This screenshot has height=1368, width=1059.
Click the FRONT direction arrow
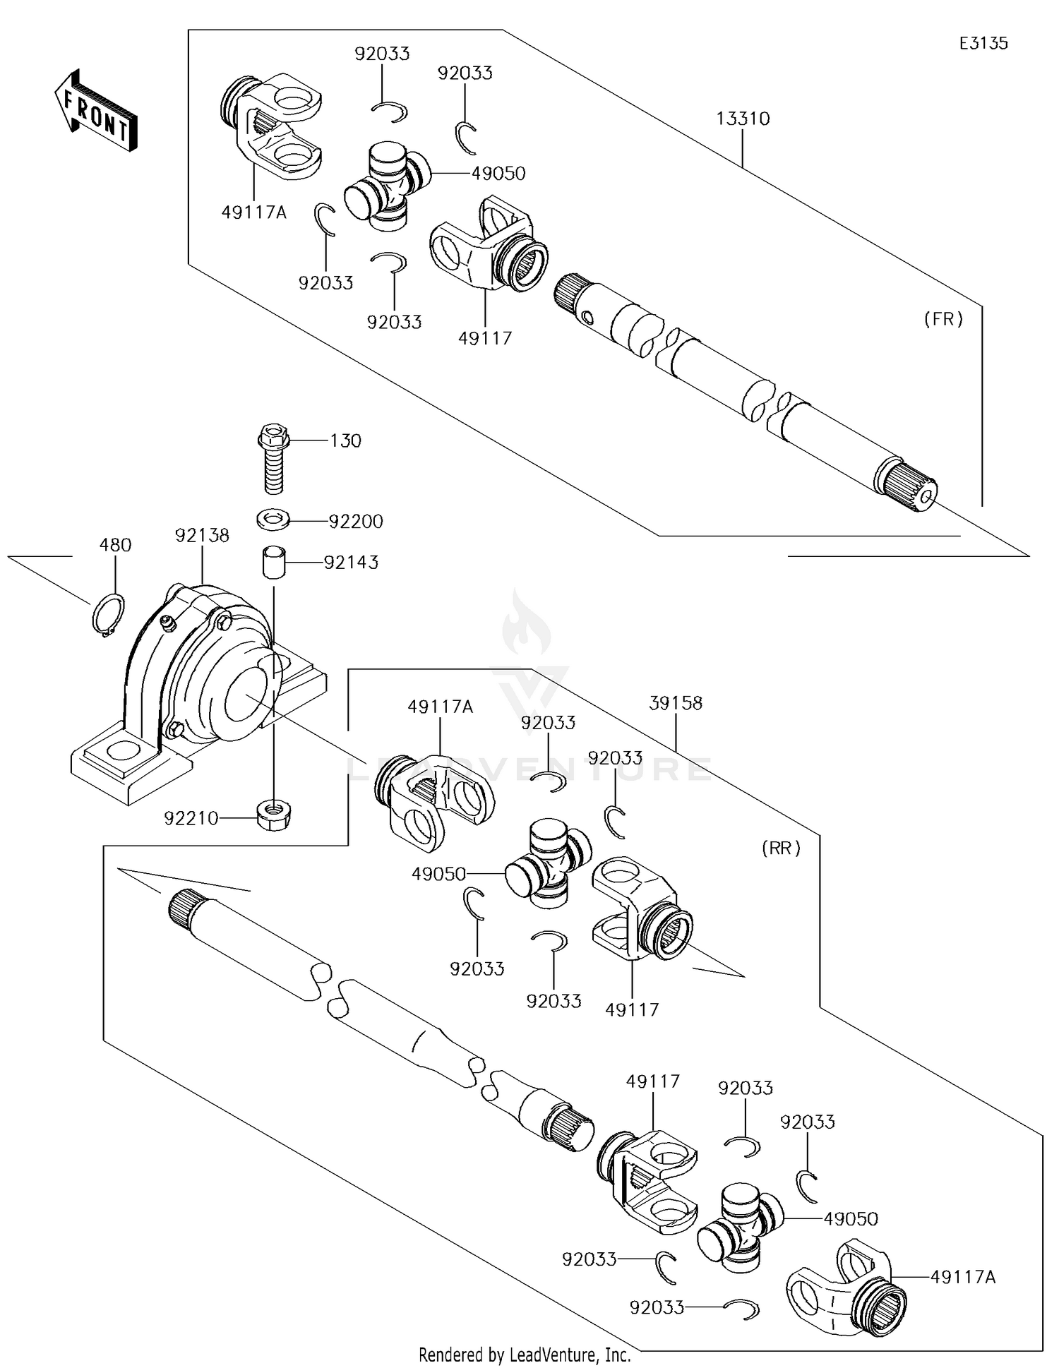point(95,112)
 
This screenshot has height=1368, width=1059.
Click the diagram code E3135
point(983,43)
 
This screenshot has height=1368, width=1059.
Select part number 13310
point(742,119)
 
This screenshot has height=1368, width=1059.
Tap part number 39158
point(676,703)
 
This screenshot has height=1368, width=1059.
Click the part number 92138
point(202,536)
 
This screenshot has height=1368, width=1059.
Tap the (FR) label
point(943,319)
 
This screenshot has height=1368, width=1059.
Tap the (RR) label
point(781,848)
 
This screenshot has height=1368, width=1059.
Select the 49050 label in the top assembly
point(498,174)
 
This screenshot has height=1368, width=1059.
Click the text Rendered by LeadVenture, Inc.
point(525,1355)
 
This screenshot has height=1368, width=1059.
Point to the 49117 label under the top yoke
point(484,338)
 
